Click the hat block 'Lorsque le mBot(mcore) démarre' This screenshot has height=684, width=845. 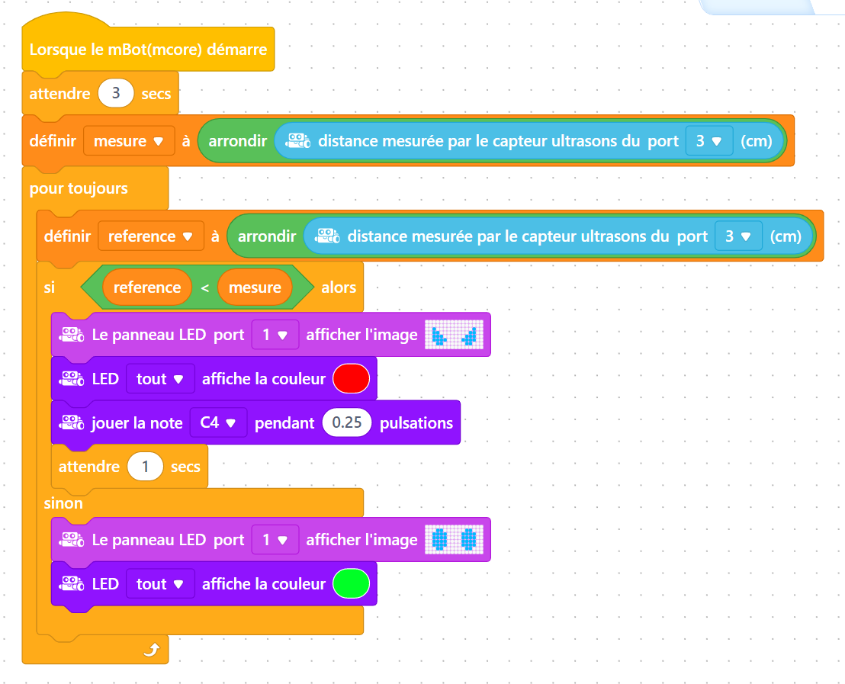tap(148, 49)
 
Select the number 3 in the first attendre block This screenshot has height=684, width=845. tap(116, 93)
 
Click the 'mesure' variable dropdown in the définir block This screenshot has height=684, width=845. tap(129, 141)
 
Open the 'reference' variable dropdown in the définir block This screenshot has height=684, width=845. tap(151, 236)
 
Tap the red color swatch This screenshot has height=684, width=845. tap(352, 378)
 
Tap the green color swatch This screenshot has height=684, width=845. tap(352, 584)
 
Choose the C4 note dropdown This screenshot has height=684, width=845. tap(218, 422)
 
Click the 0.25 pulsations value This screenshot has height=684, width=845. tap(347, 422)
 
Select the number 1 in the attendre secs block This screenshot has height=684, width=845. tap(145, 466)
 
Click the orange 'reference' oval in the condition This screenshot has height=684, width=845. tap(147, 287)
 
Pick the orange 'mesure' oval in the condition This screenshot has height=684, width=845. tap(255, 287)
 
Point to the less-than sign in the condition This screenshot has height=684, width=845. tap(205, 288)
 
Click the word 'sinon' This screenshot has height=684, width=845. tap(63, 503)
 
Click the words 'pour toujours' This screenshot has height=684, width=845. tap(79, 188)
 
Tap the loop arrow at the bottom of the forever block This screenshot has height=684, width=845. tap(152, 650)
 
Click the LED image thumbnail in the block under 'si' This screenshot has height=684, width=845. tap(455, 335)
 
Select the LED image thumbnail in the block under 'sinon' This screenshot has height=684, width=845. tap(455, 540)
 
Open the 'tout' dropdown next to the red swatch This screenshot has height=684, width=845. tap(160, 379)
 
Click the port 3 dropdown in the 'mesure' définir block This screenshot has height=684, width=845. tap(708, 141)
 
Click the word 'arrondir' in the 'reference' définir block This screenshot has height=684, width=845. tap(267, 236)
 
